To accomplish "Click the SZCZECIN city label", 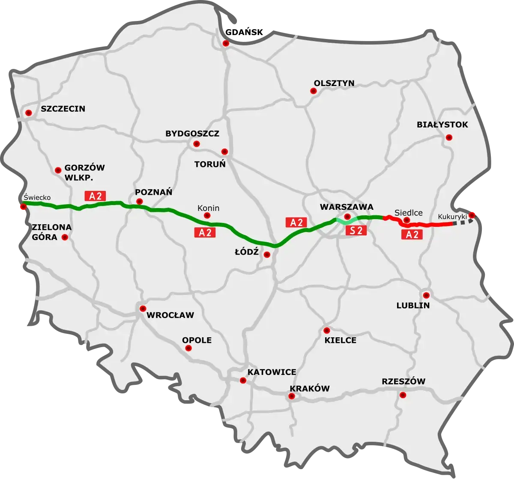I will (x=63, y=109).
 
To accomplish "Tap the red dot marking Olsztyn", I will (x=313, y=91).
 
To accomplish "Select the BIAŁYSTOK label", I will (x=442, y=125).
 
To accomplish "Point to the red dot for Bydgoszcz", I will (x=197, y=144).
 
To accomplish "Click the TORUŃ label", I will (x=210, y=164).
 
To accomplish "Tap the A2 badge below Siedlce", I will (x=412, y=234).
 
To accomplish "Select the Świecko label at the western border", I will (x=37, y=197).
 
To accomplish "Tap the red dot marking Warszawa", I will (x=347, y=217).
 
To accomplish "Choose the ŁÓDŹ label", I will (x=246, y=252).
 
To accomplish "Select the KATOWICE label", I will (x=272, y=372).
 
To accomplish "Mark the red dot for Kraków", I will (x=292, y=396).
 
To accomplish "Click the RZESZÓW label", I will (x=403, y=381).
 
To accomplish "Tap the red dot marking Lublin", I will (x=426, y=295).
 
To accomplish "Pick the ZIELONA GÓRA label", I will (x=45, y=232).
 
